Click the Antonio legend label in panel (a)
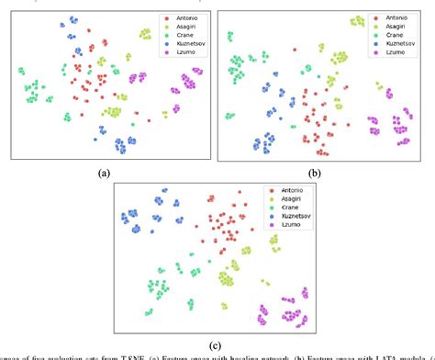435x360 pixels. point(182,17)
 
